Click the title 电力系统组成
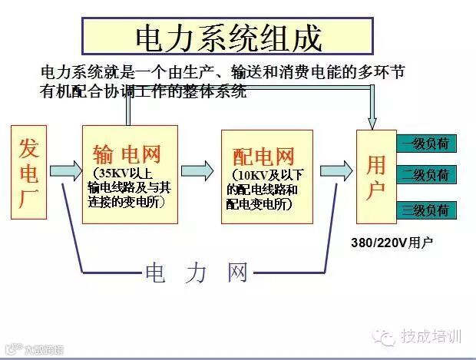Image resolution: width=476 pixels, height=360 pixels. [x=227, y=37]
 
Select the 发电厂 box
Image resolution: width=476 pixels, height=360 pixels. [x=29, y=169]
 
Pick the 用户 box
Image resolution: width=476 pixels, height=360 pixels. [x=376, y=177]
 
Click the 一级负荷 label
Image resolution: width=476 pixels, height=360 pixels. [x=426, y=143]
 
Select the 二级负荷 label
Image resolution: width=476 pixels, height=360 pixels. [x=426, y=176]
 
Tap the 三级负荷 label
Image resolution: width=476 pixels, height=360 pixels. [x=426, y=209]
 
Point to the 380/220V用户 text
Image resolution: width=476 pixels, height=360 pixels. [x=392, y=243]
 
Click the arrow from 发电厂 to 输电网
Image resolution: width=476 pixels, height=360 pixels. [x=64, y=169]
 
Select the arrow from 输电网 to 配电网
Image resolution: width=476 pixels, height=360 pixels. [x=197, y=169]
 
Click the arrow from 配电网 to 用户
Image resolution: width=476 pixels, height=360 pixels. [x=336, y=169]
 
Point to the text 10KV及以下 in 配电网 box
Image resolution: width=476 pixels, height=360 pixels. [x=265, y=177]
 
